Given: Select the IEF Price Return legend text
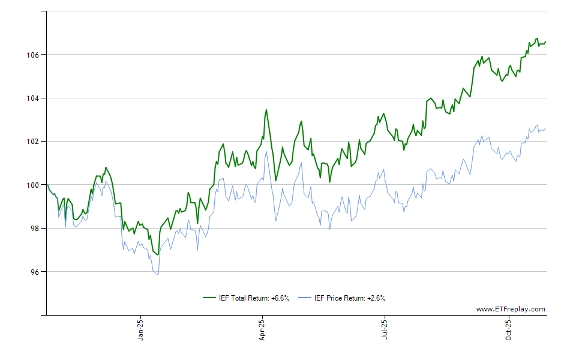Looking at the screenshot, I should point(350,298).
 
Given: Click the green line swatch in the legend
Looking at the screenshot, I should point(209,298).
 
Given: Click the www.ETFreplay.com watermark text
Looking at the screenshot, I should point(511,309).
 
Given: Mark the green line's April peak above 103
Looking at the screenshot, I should point(266,110).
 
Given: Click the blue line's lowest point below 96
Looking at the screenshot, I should point(157,274).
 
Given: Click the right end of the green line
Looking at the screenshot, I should point(545,41).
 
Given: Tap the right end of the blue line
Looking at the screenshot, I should point(545,128).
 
